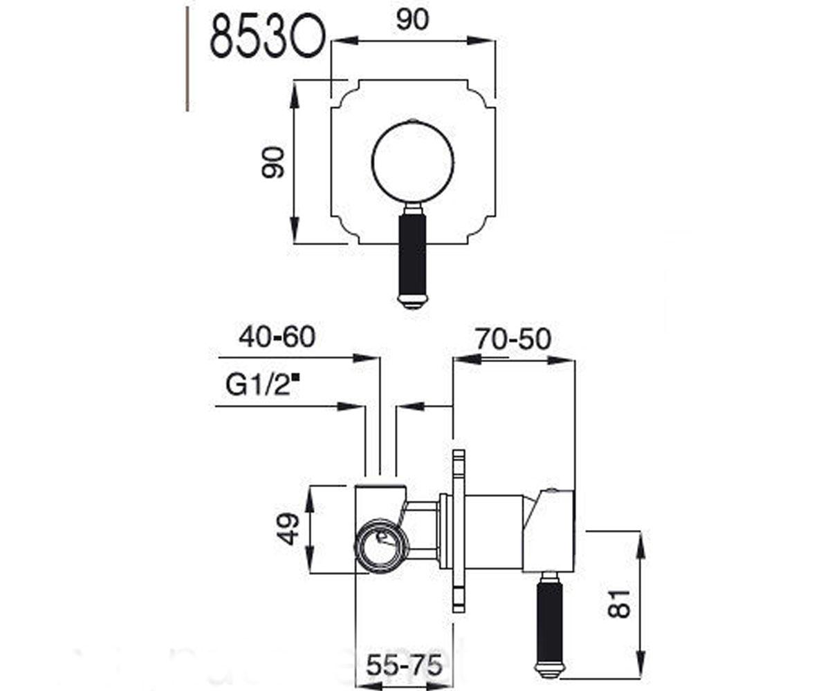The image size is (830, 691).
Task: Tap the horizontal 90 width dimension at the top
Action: (413, 19)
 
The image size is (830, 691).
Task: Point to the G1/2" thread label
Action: (262, 384)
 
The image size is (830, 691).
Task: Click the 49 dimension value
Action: (288, 529)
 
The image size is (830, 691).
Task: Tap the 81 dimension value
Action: (619, 603)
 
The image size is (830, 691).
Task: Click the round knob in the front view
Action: (413, 161)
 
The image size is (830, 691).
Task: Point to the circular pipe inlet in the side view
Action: (380, 545)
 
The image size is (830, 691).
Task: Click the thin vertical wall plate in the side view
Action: (458, 531)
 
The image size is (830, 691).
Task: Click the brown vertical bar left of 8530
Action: (187, 59)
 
